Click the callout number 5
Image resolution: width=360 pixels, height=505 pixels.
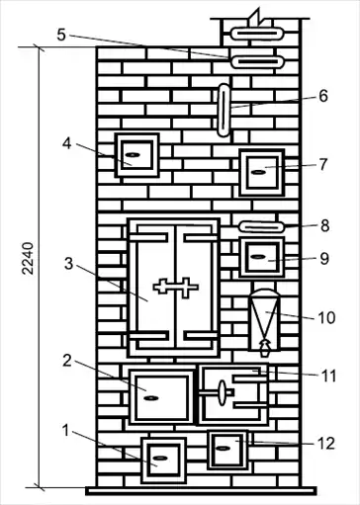(61, 35)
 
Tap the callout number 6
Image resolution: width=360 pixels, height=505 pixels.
(323, 96)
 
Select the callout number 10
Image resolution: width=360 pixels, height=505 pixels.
(326, 317)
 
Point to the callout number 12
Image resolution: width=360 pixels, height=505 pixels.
(326, 444)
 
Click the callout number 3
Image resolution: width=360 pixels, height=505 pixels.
(68, 264)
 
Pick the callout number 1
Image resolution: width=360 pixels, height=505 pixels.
(66, 430)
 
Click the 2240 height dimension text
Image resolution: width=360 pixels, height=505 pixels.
(28, 259)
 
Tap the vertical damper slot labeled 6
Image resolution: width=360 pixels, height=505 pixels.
(224, 110)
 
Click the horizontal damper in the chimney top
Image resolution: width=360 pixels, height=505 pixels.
(257, 34)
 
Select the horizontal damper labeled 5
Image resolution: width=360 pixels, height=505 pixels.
(257, 62)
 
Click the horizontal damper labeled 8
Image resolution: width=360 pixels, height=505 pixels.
(261, 226)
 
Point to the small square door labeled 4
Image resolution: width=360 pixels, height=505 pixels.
(136, 155)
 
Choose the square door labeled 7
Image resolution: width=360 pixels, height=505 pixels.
(262, 172)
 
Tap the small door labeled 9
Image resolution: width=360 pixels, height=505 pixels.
(262, 257)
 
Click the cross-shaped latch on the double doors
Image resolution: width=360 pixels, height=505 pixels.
(176, 288)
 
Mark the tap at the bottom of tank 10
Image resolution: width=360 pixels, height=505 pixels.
(265, 348)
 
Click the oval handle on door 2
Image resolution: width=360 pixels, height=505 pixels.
(151, 398)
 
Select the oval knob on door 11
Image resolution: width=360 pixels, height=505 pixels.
(223, 392)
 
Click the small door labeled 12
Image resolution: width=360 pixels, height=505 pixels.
(227, 450)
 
